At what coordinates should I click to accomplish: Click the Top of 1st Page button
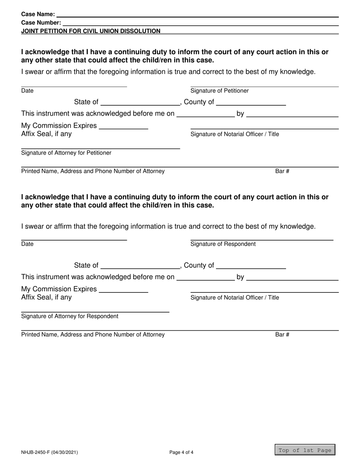point(305,450)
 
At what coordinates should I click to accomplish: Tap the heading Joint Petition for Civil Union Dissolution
point(91,31)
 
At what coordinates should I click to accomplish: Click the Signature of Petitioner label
point(219,91)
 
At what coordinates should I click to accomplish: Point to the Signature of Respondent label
point(223,244)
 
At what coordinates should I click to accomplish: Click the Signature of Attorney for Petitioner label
point(66,153)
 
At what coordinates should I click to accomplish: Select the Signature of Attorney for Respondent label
point(70,316)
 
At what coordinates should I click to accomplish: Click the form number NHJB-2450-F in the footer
point(50,452)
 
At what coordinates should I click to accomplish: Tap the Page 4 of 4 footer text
point(182,452)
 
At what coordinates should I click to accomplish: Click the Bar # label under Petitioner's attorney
point(282,171)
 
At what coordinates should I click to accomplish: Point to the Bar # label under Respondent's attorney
point(282,335)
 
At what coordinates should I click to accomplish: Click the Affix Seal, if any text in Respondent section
point(46,297)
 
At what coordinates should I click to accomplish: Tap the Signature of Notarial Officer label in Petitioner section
point(235,134)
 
